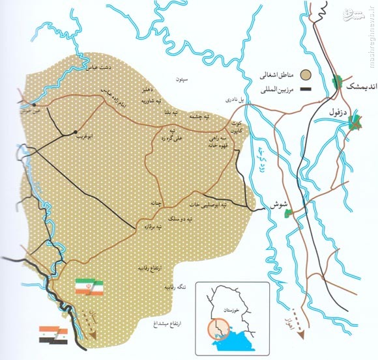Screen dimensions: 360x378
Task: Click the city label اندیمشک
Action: [x=356, y=87]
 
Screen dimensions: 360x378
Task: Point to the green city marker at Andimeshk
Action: [x=337, y=82]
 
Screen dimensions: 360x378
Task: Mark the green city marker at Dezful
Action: [x=355, y=121]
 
